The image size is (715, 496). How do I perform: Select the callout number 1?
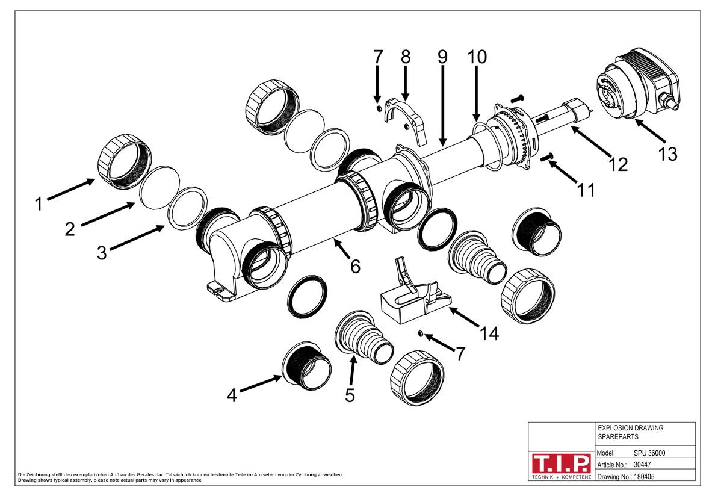39,205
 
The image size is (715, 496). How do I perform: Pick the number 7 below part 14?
460,353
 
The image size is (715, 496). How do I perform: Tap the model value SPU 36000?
649,453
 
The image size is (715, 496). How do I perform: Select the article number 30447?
643,465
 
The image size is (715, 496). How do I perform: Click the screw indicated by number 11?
548,158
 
